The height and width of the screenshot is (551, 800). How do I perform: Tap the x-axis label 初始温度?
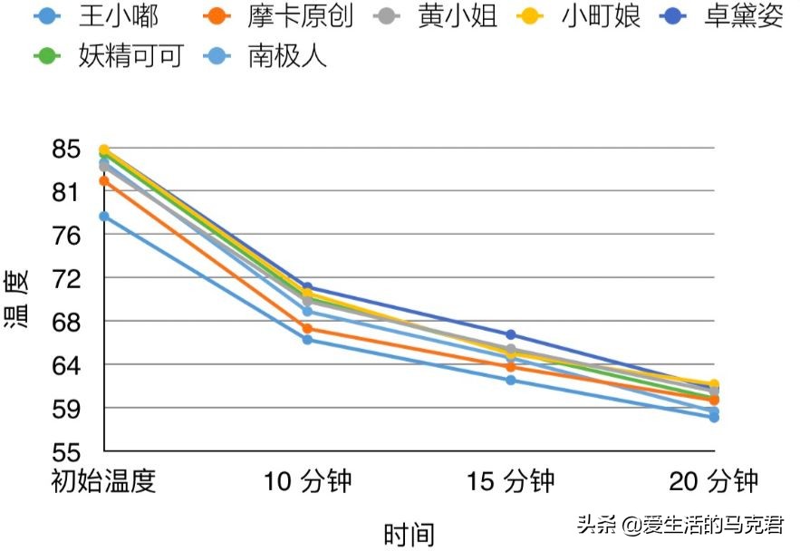click(x=104, y=480)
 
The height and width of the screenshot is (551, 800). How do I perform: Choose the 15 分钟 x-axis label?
click(x=511, y=480)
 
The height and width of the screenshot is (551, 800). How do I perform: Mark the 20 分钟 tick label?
click(x=714, y=480)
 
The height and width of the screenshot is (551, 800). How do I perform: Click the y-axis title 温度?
click(x=19, y=299)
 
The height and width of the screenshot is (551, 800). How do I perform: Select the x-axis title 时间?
click(x=409, y=534)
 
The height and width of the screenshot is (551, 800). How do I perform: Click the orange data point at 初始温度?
click(x=105, y=180)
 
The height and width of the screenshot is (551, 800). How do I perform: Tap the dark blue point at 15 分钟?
click(x=511, y=335)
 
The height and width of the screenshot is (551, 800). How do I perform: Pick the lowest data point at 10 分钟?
click(x=308, y=340)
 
